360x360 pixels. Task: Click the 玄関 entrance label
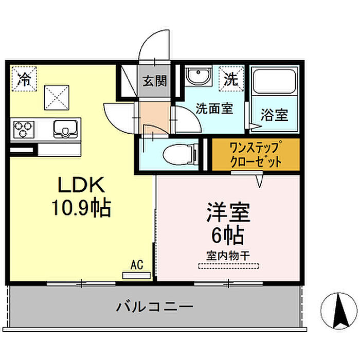point(154,81)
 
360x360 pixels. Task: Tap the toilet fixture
point(181,154)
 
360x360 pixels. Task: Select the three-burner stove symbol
point(24,130)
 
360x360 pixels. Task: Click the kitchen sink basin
point(65,129)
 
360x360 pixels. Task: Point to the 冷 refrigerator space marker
point(24,79)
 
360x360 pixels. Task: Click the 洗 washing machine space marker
point(231,79)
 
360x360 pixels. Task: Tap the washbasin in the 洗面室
point(199,76)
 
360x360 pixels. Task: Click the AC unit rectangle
point(137,275)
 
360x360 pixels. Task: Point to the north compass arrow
point(340,311)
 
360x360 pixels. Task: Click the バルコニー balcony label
point(154,307)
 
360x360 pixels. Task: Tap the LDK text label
point(81,185)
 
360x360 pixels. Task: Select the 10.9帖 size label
point(81,208)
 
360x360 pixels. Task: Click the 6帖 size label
point(227,235)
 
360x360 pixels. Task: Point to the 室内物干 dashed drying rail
point(229,266)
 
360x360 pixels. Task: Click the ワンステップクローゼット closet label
point(256,154)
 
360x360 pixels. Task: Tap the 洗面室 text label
point(214,109)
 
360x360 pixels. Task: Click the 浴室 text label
point(275,115)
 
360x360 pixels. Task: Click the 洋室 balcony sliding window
point(228,284)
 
